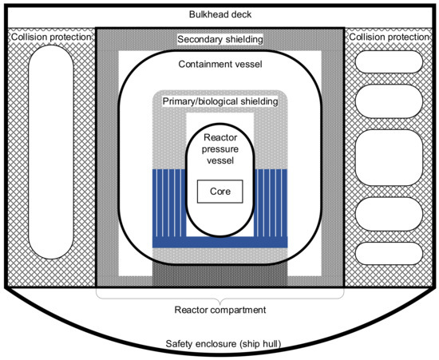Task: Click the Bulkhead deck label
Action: [219, 14]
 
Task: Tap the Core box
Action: [219, 192]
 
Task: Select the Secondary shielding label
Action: [219, 39]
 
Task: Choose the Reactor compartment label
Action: [219, 310]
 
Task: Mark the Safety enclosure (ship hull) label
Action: [219, 344]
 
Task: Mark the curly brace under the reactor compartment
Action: [219, 297]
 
